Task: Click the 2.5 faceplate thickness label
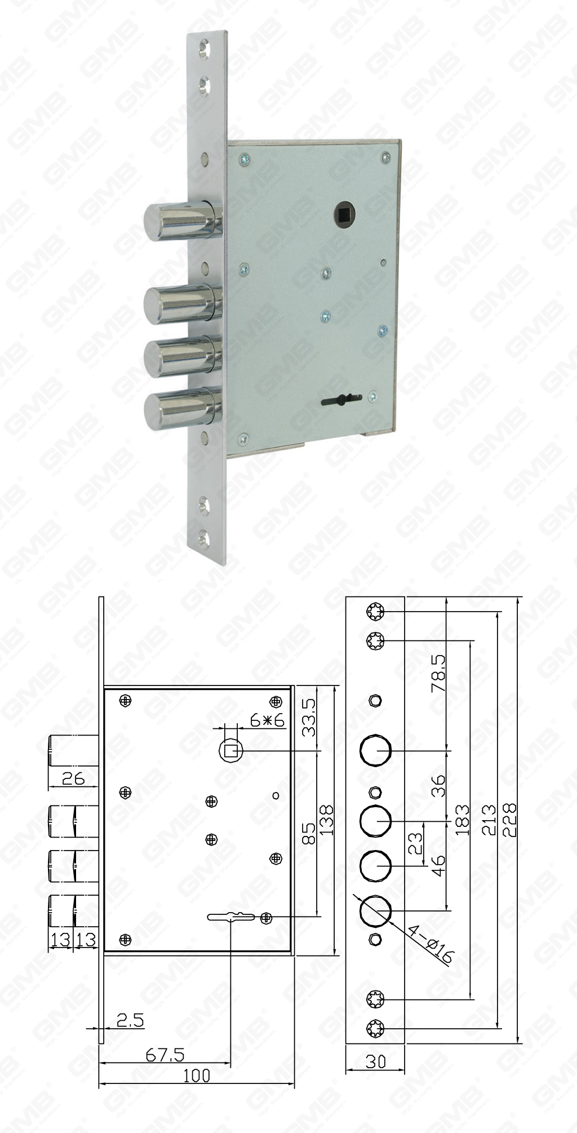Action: pos(130,1020)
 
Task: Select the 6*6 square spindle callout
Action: pos(267,720)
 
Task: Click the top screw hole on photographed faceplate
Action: pos(204,49)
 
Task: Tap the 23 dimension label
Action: pos(415,844)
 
